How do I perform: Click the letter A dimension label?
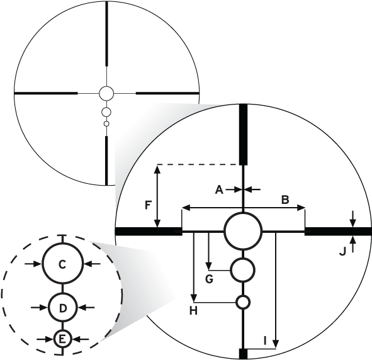pos(220,189)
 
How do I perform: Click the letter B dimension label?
pos(285,200)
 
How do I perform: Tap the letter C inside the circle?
pos(62,265)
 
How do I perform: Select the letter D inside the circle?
pos(63,308)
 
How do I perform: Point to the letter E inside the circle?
pos(62,339)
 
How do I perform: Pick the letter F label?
pos(148,205)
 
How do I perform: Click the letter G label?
pos(209,279)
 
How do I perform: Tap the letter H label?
pos(194,311)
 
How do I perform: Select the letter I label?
pos(265,341)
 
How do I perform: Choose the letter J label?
pos(342,252)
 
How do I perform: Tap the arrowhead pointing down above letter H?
pos(194,298)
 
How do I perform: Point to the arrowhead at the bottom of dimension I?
pos(276,344)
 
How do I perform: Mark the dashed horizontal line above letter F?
pos(198,164)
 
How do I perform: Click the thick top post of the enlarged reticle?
pos(243,135)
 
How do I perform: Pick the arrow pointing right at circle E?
pos(44,339)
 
